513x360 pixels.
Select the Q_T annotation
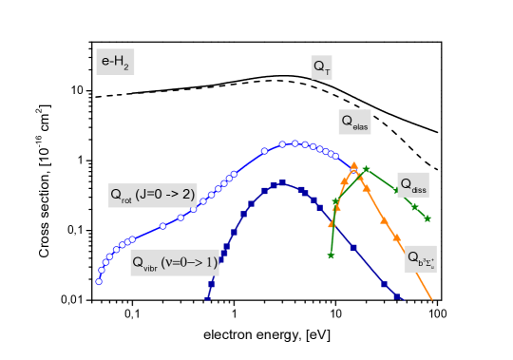[x=321, y=67]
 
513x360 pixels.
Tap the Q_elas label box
[x=354, y=123]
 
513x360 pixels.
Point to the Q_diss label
[x=412, y=185]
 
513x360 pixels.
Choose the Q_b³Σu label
[x=420, y=258]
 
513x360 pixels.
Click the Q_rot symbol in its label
[x=121, y=196]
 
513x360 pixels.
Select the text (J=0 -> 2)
[x=166, y=195]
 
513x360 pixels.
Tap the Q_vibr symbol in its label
[x=143, y=263]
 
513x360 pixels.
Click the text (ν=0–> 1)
[x=188, y=262]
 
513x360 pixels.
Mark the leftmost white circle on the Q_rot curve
[x=99, y=281]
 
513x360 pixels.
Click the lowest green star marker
[x=331, y=256]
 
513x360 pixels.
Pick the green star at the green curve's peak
[x=366, y=169]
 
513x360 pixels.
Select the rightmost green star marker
[x=427, y=218]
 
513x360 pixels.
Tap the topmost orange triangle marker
[x=353, y=164]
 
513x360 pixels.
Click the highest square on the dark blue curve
[x=282, y=182]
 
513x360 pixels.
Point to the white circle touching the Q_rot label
[x=193, y=208]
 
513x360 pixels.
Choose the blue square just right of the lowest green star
[x=352, y=247]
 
